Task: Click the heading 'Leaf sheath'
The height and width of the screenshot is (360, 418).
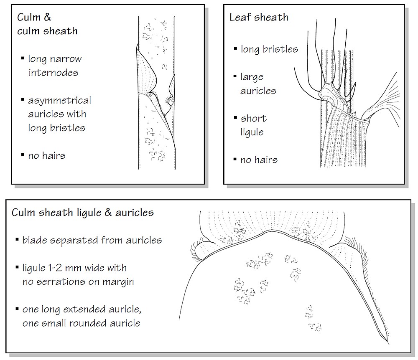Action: click(259, 17)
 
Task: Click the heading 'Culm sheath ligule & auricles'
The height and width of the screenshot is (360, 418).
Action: click(83, 213)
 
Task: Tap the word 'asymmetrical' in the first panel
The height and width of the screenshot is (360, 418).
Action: click(59, 101)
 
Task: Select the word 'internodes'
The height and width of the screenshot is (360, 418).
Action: click(54, 72)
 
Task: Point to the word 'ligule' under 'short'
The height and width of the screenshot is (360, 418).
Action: click(252, 132)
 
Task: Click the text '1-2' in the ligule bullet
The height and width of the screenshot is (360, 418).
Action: click(55, 268)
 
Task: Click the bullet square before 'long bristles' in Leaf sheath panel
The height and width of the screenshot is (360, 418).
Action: click(235, 49)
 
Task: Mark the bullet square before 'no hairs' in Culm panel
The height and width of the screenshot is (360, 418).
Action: click(23, 155)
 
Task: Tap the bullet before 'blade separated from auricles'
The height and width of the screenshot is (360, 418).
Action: click(17, 240)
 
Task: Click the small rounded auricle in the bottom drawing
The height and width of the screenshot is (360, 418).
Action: click(203, 250)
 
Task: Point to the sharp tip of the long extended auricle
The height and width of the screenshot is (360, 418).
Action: click(388, 344)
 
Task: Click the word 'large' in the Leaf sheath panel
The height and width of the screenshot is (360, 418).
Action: click(252, 77)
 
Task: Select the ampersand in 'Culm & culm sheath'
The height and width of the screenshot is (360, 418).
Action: click(48, 17)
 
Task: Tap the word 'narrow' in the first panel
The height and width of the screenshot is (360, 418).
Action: click(66, 59)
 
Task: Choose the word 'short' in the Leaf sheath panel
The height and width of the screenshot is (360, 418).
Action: click(254, 118)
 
